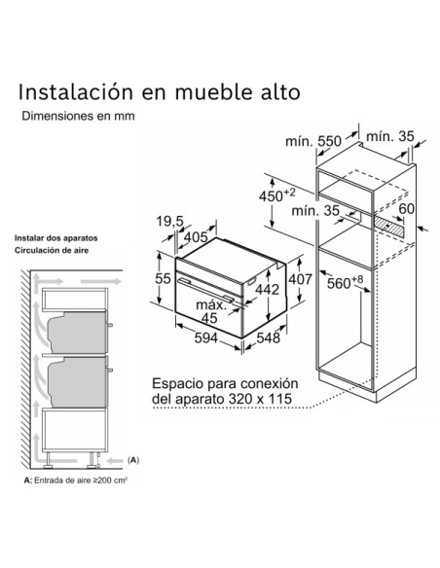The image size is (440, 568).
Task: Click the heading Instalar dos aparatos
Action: tap(55, 238)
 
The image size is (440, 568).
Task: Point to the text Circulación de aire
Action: tap(50, 250)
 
